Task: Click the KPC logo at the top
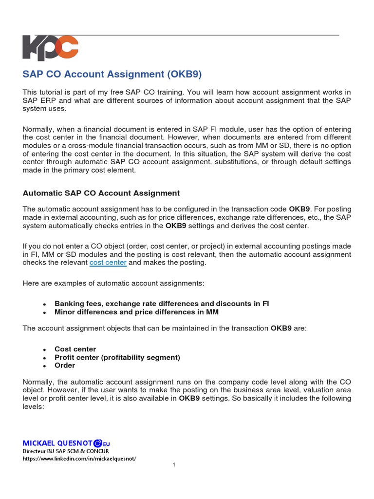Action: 50,48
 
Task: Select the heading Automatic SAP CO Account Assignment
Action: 101,193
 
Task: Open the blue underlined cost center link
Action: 108,263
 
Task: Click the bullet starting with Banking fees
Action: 161,303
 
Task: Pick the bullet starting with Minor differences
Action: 136,312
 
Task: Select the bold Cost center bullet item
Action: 75,349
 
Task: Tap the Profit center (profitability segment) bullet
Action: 117,357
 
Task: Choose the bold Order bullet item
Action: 65,365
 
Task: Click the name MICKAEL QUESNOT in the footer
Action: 57,443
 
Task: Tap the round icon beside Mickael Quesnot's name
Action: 97,443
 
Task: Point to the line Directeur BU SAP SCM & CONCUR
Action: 66,451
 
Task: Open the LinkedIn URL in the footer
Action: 79,459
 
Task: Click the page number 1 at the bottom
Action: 173,465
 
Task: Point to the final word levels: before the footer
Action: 34,406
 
